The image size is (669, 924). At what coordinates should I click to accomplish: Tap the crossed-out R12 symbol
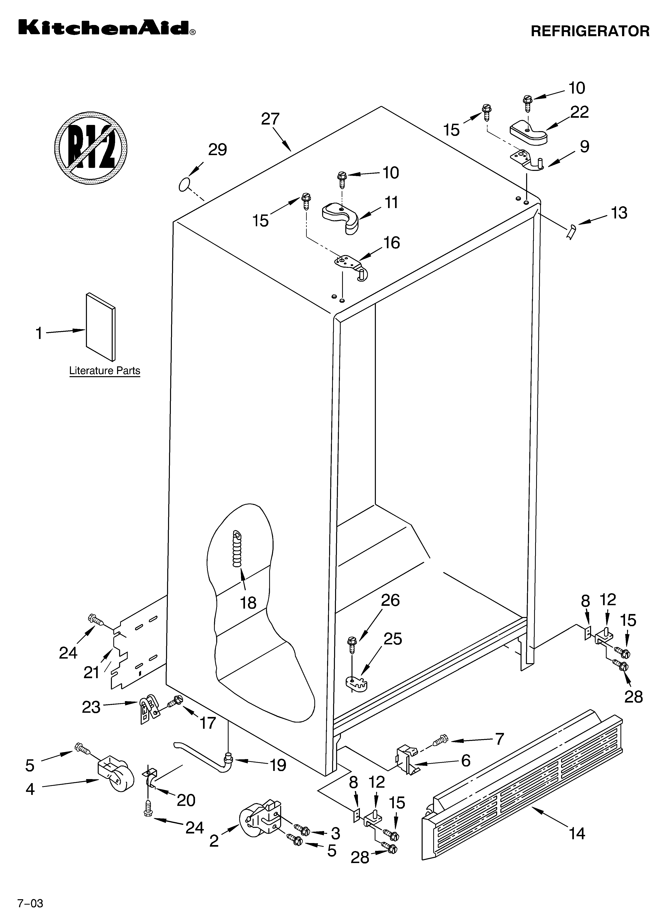tap(91, 147)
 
